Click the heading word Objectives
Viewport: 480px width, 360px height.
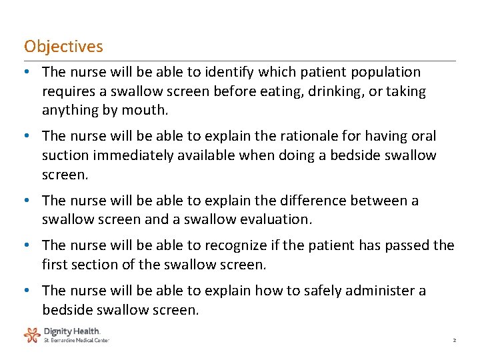(x=63, y=47)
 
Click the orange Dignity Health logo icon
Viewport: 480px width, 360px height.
(x=32, y=334)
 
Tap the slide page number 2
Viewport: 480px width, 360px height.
(x=454, y=340)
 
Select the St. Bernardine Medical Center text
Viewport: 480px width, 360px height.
(x=76, y=340)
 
